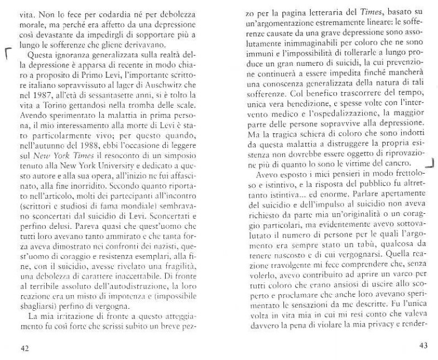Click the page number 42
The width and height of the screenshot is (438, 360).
(25, 348)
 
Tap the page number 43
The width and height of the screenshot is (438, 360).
(423, 345)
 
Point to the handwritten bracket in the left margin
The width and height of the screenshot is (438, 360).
(7, 54)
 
